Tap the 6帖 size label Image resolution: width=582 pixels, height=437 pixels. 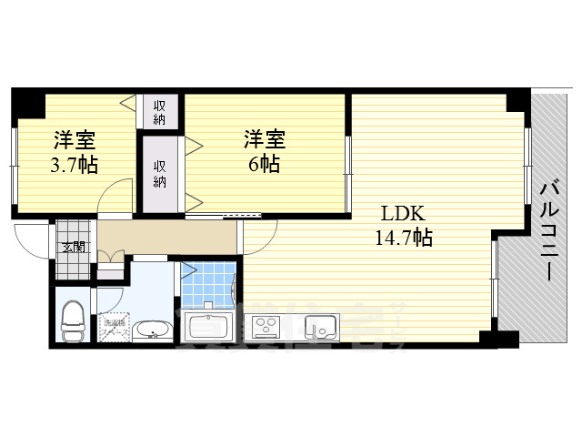point(264,165)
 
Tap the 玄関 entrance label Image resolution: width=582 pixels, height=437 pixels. point(74,247)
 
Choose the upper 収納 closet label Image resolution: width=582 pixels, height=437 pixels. point(160,111)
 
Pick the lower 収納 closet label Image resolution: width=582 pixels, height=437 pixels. point(160,172)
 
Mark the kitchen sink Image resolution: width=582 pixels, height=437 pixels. point(321,325)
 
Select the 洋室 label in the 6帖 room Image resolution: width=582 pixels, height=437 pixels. point(264,140)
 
